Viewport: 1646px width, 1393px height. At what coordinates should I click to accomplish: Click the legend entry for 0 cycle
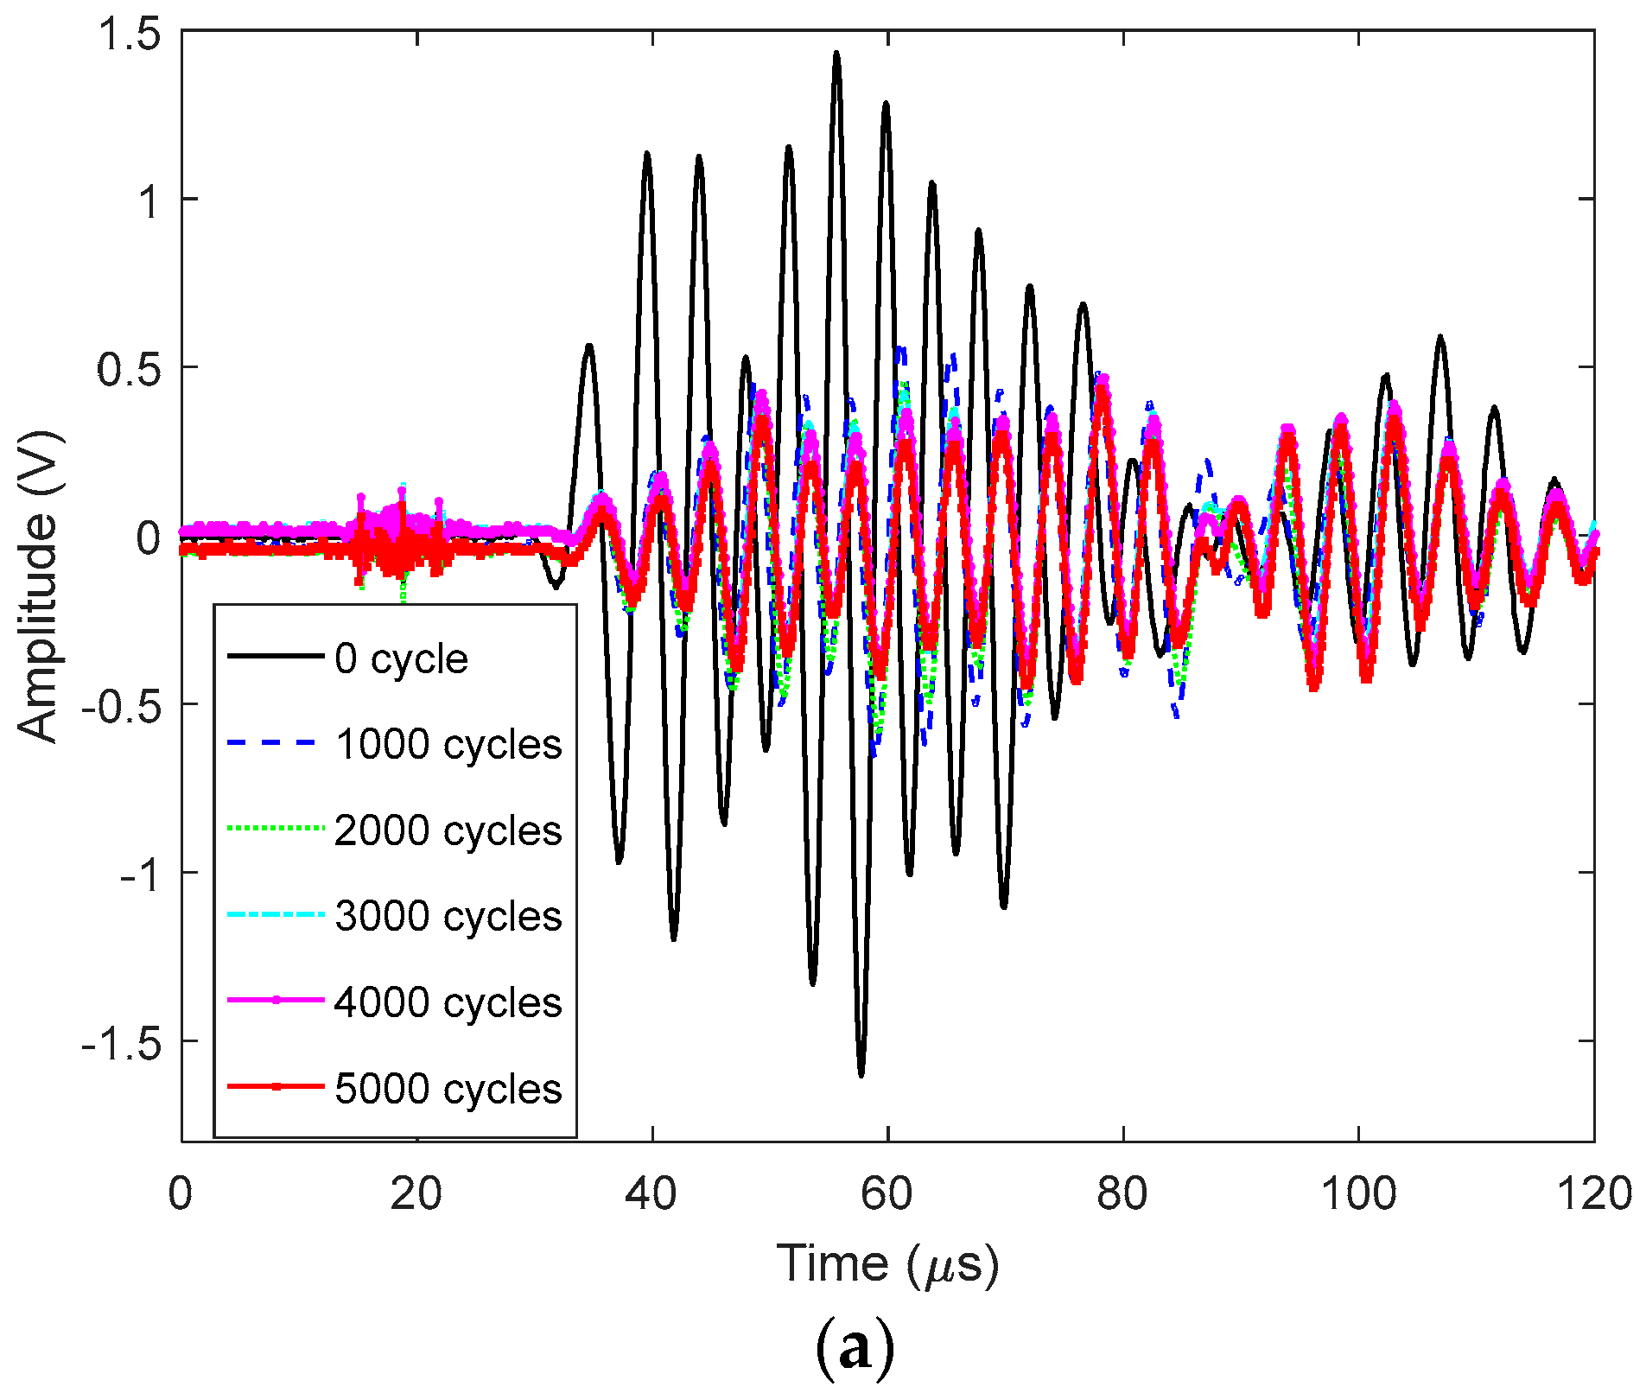(x=401, y=659)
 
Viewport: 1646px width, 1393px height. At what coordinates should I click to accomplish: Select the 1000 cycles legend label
(x=448, y=745)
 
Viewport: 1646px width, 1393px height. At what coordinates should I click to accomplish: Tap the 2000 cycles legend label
(x=448, y=830)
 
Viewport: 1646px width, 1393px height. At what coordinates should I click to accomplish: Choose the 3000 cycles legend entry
(x=448, y=916)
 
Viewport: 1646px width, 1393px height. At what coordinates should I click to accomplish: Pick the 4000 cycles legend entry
(x=448, y=1002)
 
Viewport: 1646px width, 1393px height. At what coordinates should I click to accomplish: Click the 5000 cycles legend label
(x=448, y=1088)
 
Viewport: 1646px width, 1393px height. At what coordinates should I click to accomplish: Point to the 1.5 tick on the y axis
(x=130, y=35)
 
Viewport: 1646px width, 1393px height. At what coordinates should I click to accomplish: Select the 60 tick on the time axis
(x=887, y=1194)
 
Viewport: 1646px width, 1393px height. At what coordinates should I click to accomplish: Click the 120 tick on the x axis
(x=1593, y=1194)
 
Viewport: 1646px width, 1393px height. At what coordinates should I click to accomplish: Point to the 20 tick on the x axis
(x=416, y=1194)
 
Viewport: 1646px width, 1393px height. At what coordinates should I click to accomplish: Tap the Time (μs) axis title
(x=887, y=1265)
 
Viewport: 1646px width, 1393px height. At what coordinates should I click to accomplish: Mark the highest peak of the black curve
(x=836, y=54)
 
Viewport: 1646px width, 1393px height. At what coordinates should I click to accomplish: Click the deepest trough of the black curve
(x=861, y=1074)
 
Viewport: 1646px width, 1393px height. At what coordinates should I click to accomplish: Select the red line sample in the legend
(x=276, y=1087)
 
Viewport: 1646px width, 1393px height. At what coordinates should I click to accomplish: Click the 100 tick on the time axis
(x=1358, y=1194)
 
